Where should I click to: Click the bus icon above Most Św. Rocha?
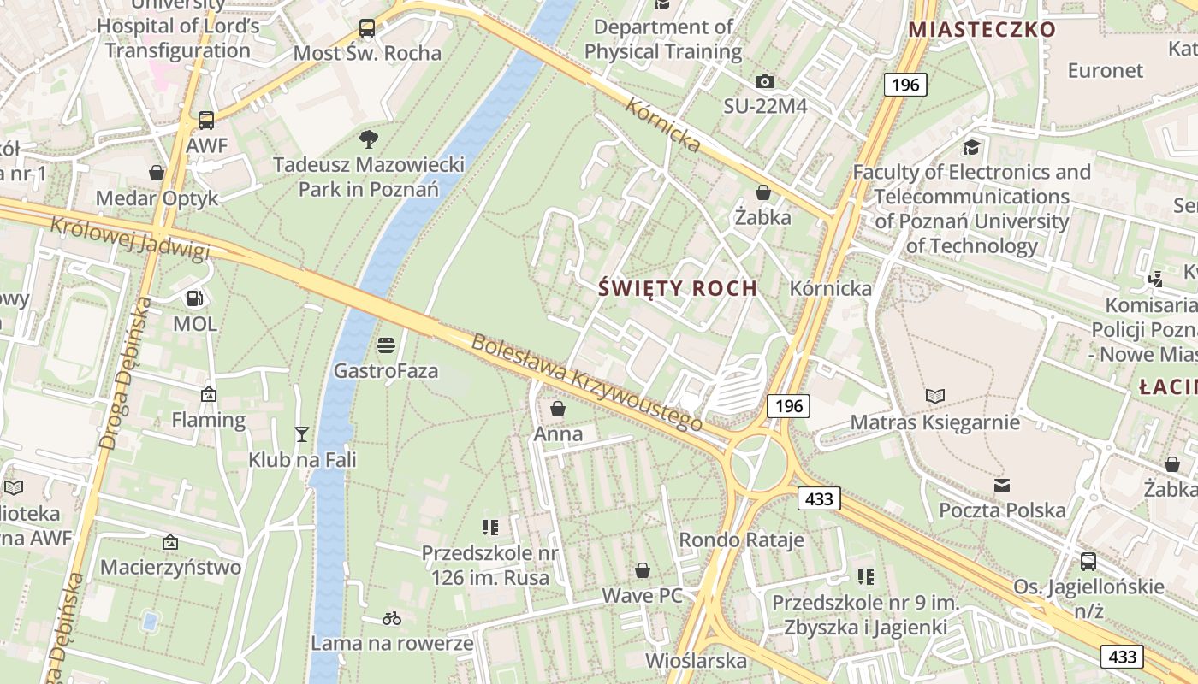[367, 28]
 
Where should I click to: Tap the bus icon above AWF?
[206, 120]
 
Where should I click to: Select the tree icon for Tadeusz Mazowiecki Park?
[369, 138]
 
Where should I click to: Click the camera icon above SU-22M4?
[765, 81]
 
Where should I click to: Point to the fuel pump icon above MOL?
[195, 298]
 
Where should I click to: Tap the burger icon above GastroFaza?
[386, 345]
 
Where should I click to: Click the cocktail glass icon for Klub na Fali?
[301, 434]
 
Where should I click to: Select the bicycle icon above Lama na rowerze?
[392, 617]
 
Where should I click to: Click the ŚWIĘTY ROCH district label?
[678, 288]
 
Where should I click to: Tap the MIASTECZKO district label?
[982, 29]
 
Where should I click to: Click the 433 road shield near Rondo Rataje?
[819, 498]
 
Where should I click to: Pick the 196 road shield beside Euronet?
[904, 84]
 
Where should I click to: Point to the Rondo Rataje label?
[741, 540]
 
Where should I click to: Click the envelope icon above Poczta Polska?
[1002, 486]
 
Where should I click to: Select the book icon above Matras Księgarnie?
[935, 396]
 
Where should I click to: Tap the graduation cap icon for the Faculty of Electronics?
[971, 146]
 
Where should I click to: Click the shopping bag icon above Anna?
[558, 409]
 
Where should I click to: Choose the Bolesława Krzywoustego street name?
[586, 382]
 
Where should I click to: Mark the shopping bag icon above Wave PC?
[643, 569]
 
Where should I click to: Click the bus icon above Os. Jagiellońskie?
[1088, 561]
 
